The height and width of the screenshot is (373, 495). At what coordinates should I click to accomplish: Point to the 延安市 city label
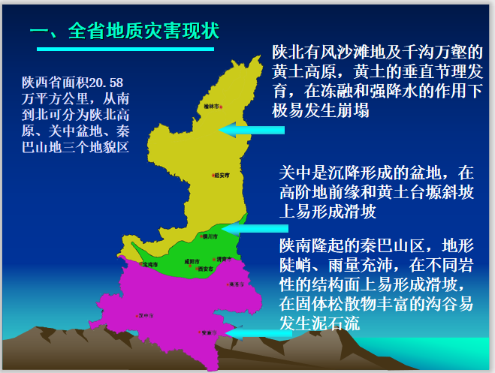pos(222,176)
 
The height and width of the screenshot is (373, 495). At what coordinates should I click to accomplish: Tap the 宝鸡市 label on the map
pos(149,264)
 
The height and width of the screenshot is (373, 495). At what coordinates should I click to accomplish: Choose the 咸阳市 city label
pos(192,261)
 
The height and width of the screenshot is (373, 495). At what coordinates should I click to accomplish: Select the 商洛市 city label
pos(237,284)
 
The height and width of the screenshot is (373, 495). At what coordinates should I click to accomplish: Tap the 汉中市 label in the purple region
pos(146,316)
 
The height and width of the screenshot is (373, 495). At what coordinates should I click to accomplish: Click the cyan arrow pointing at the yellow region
pos(251,131)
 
